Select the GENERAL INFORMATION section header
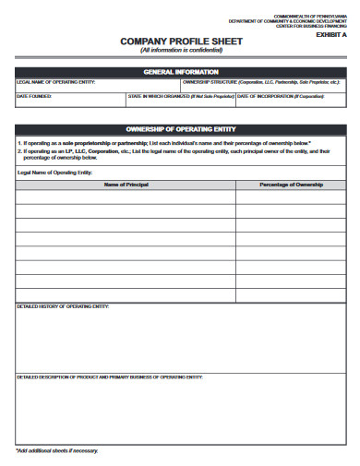(180, 71)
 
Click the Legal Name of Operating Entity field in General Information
(96, 85)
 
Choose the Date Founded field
(69, 99)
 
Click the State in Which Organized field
(180, 99)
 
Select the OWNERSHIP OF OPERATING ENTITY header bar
(180, 128)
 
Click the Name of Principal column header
(126, 185)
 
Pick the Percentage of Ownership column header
(290, 185)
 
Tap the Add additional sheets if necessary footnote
(56, 450)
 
